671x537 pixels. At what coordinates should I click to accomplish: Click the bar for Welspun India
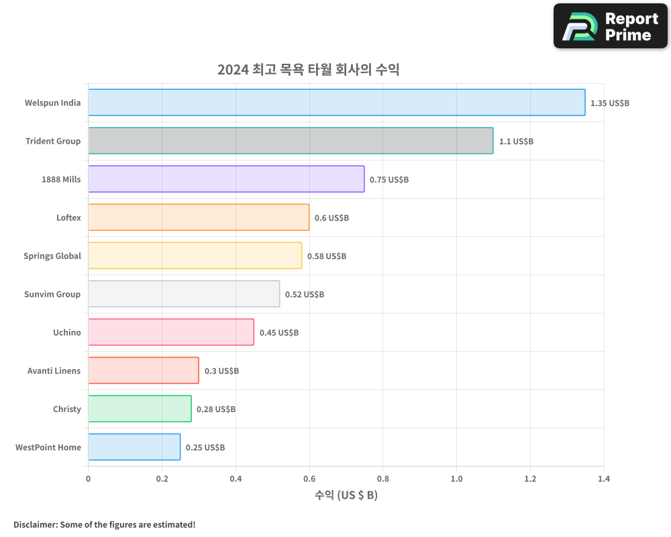(x=336, y=103)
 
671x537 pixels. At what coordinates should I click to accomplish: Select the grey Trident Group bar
(x=291, y=141)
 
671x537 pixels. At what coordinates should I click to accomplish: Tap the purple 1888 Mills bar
(x=226, y=179)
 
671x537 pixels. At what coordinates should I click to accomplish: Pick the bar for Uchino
(x=171, y=332)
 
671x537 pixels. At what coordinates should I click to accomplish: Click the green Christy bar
(x=140, y=409)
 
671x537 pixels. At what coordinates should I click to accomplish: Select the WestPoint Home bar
(x=134, y=447)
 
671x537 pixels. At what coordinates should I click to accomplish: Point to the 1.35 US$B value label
(x=610, y=103)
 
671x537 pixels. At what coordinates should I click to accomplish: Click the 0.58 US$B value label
(x=327, y=256)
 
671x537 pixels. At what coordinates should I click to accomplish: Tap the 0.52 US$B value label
(x=305, y=295)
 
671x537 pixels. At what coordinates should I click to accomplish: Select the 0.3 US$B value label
(x=221, y=371)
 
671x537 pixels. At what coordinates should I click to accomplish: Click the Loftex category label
(x=68, y=217)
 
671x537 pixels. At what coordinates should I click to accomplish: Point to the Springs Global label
(x=52, y=256)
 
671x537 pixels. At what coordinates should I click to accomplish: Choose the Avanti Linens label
(x=54, y=371)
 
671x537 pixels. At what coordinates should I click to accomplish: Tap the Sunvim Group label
(x=52, y=294)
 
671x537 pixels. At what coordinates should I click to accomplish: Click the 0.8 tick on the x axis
(x=382, y=479)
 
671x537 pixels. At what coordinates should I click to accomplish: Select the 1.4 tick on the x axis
(x=603, y=479)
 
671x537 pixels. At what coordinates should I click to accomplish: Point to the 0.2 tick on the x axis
(x=162, y=479)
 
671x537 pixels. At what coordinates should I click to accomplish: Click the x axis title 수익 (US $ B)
(x=346, y=495)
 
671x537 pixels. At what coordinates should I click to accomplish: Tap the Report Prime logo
(x=610, y=26)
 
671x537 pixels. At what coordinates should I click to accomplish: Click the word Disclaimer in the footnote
(x=35, y=524)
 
